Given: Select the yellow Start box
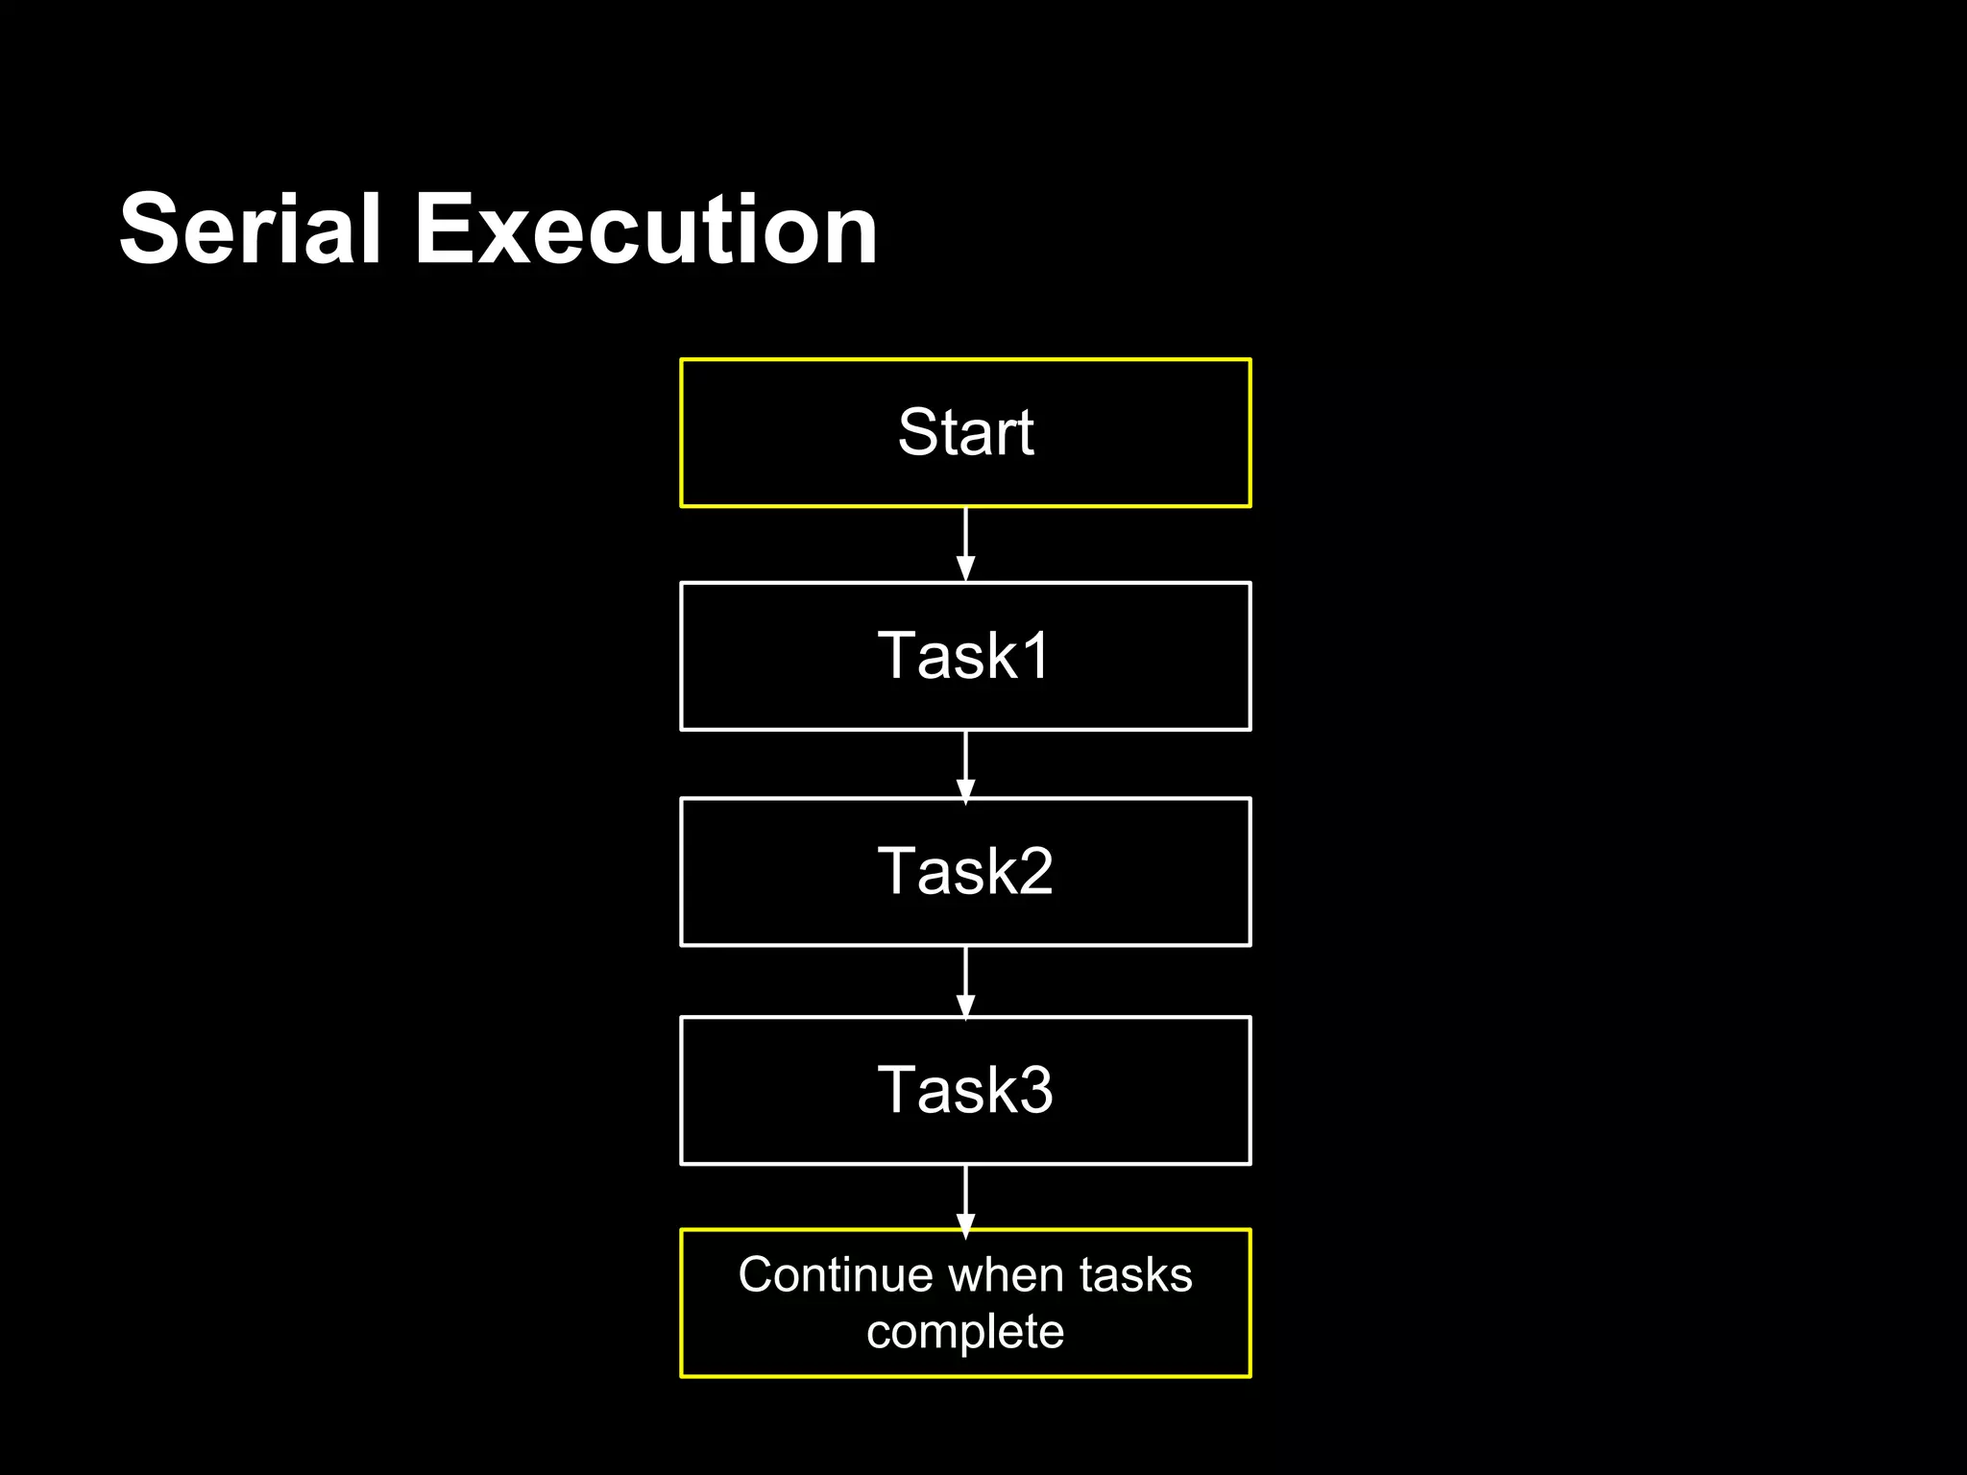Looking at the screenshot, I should pyautogui.click(x=965, y=433).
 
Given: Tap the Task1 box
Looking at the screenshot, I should pyautogui.click(x=965, y=656).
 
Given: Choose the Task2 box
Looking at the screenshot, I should pyautogui.click(x=965, y=872).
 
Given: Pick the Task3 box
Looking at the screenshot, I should pyautogui.click(x=965, y=1091).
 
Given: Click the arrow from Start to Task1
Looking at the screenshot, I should pyautogui.click(x=965, y=544).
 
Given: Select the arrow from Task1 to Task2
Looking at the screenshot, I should pyautogui.click(x=965, y=764).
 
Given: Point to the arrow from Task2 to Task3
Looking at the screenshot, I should pyautogui.click(x=965, y=981).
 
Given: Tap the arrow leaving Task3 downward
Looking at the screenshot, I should pyautogui.click(x=965, y=1197).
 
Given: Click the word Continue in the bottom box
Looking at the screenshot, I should pyautogui.click(x=836, y=1275).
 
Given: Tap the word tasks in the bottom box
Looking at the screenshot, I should pyautogui.click(x=1135, y=1275).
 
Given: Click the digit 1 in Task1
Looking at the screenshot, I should pyautogui.click(x=1035, y=656).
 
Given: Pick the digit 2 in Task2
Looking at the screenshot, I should pyautogui.click(x=1033, y=872).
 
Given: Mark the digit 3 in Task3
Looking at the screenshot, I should pyautogui.click(x=1033, y=1091).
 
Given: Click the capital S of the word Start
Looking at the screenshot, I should pyautogui.click(x=917, y=432).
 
